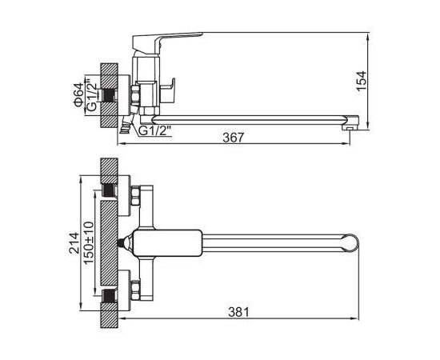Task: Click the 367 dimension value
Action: [234, 138]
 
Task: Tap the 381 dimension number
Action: [238, 312]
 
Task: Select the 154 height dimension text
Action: [362, 81]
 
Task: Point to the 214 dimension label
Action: [74, 243]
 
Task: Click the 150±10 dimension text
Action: [89, 243]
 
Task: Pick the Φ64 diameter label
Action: [79, 95]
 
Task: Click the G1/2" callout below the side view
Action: [155, 130]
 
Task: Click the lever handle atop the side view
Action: [167, 42]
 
